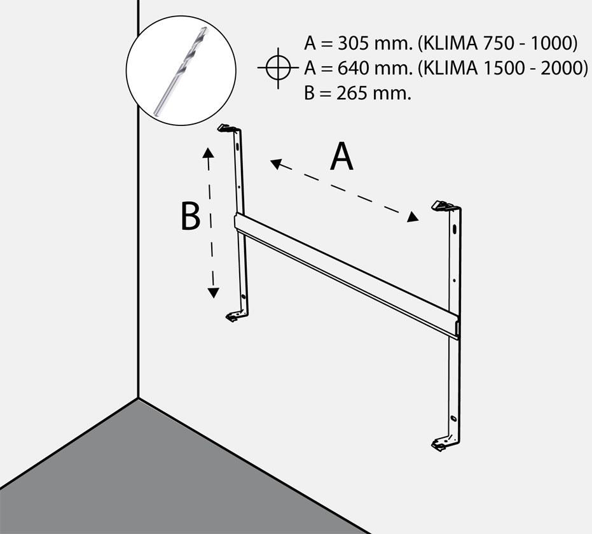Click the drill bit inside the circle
pos(181,71)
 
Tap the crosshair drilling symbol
pos(279,68)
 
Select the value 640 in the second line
pos(352,68)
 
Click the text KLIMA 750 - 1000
pos(498,44)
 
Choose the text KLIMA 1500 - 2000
pos(503,68)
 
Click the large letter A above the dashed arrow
pos(341,157)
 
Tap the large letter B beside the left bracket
pos(190,216)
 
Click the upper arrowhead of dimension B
pos(208,153)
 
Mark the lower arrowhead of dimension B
pos(213,293)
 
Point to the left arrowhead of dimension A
pos(277,164)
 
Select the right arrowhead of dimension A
pos(413,217)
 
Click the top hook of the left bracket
pos(228,128)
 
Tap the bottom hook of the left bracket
pos(235,316)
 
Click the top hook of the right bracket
pos(444,206)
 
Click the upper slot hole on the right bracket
pos(455,229)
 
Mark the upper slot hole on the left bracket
pos(237,146)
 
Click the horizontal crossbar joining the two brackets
pos(347,276)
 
